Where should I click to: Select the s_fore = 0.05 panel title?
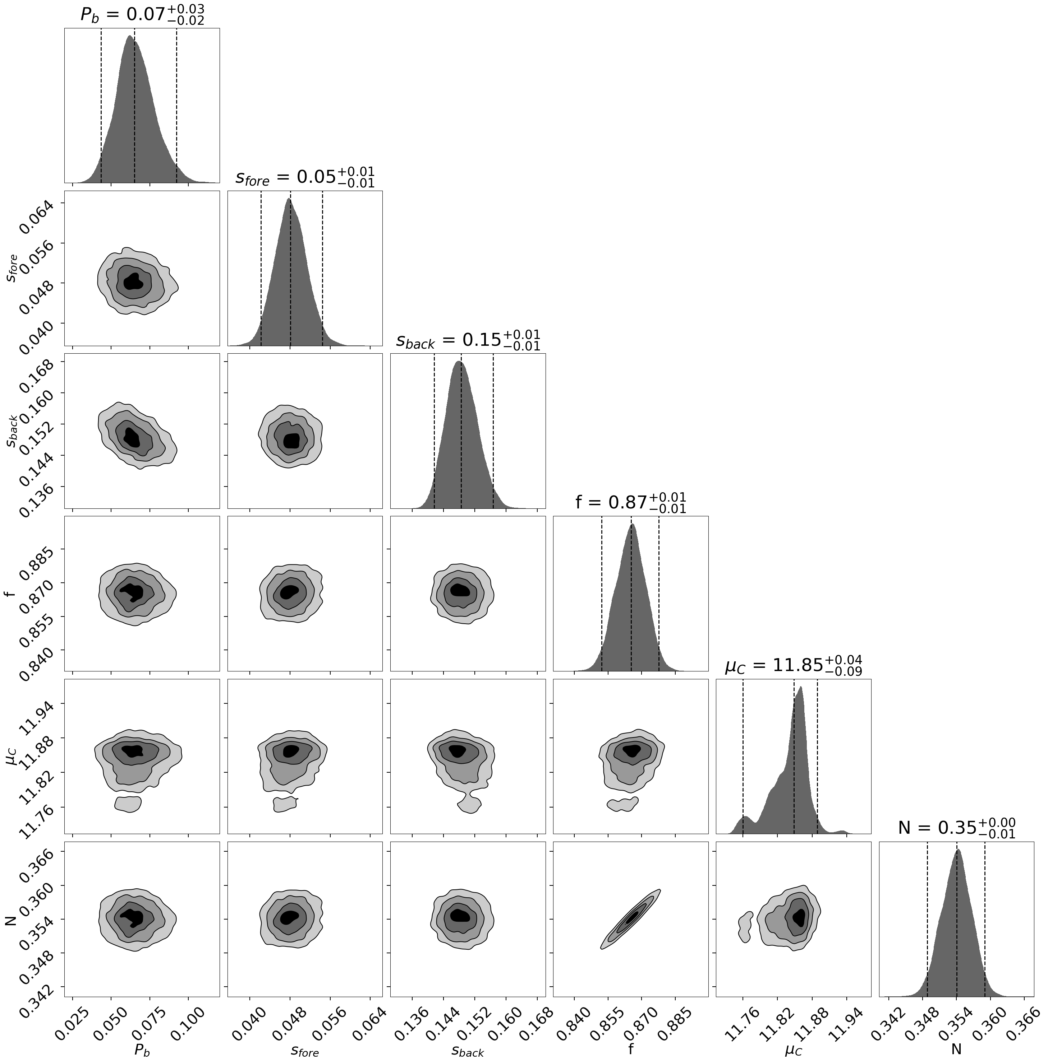pyautogui.click(x=305, y=177)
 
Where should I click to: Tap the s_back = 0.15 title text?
pyautogui.click(x=468, y=340)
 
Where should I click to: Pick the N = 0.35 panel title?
pyautogui.click(x=956, y=828)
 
